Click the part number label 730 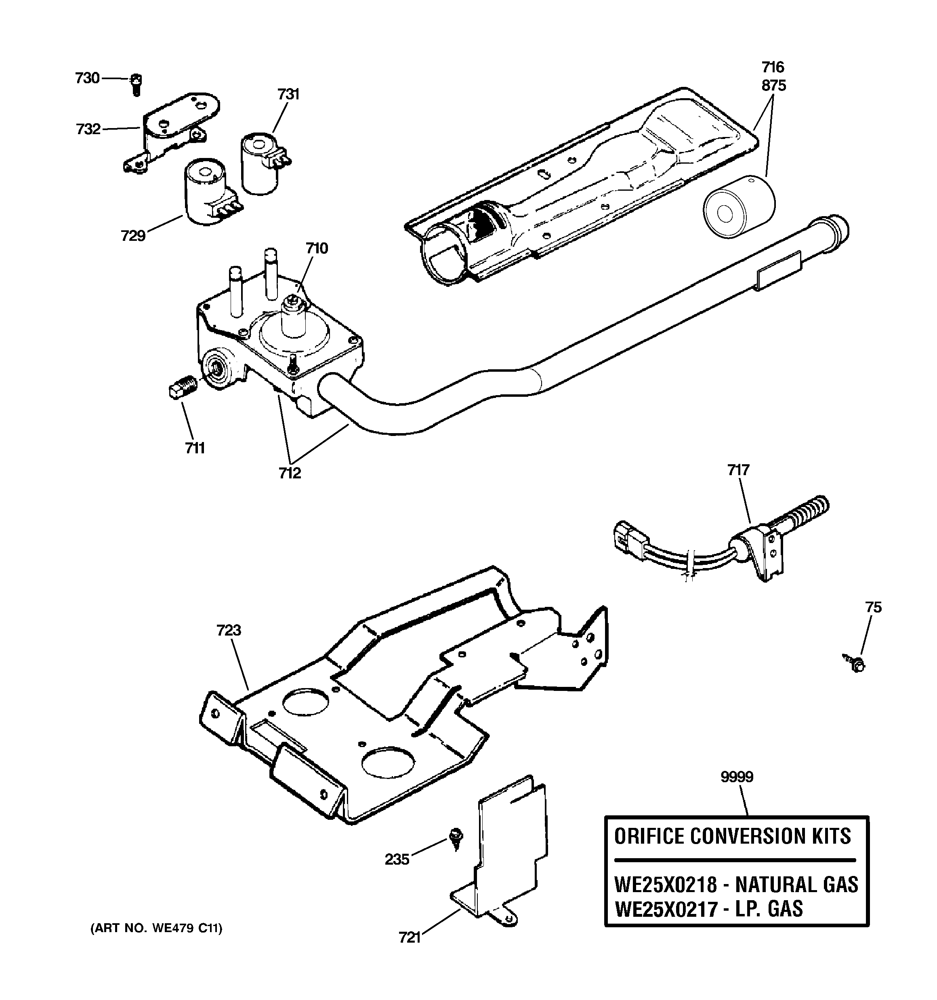pyautogui.click(x=87, y=78)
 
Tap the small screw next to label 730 pyautogui.click(x=136, y=84)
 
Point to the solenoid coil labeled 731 pyautogui.click(x=261, y=164)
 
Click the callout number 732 pyautogui.click(x=88, y=129)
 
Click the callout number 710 pyautogui.click(x=317, y=248)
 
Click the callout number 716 pyautogui.click(x=773, y=67)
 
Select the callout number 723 pyautogui.click(x=229, y=630)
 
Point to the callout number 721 pyautogui.click(x=410, y=938)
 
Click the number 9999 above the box pyautogui.click(x=736, y=777)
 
